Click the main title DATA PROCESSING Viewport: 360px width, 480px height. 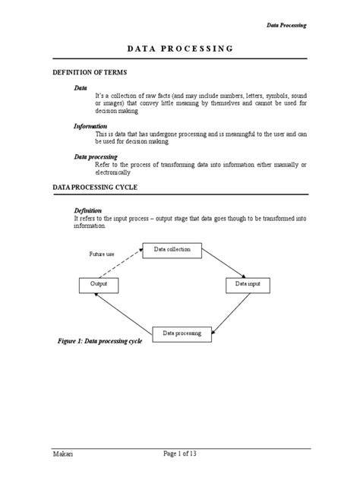point(179,49)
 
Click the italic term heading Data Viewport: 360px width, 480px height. point(80,88)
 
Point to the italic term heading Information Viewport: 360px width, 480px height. point(90,125)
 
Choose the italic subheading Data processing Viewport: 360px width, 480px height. point(95,156)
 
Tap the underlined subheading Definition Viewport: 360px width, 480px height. point(88,210)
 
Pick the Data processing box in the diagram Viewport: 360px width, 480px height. point(181,333)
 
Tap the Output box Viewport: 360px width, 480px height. point(99,284)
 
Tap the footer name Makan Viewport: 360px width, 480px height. point(64,454)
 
